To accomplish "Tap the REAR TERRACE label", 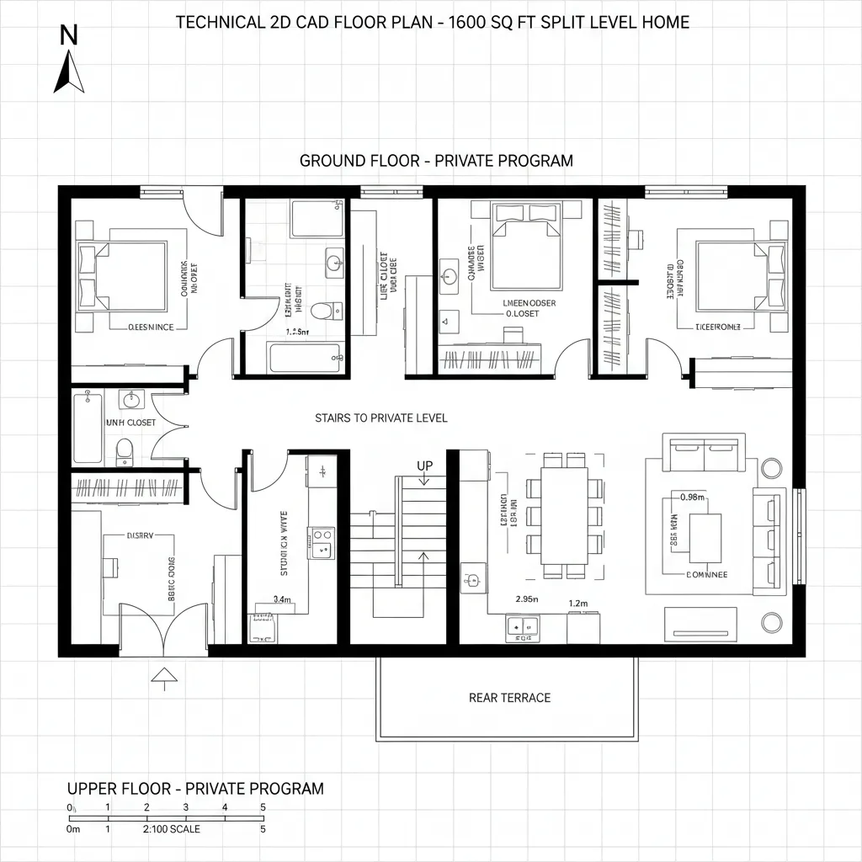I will point(509,697).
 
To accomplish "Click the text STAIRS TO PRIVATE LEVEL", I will point(380,418).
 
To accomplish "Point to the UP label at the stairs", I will point(423,465).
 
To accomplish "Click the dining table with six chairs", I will point(564,515).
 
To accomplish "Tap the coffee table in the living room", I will point(705,537).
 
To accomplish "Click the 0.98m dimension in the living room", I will point(692,497).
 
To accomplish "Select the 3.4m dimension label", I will point(283,599).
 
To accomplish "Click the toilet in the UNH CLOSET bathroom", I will point(124,450).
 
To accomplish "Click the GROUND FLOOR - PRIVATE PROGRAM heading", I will point(436,160).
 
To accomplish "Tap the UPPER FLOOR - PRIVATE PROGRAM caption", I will point(194,789).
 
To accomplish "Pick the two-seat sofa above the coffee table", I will point(705,454).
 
